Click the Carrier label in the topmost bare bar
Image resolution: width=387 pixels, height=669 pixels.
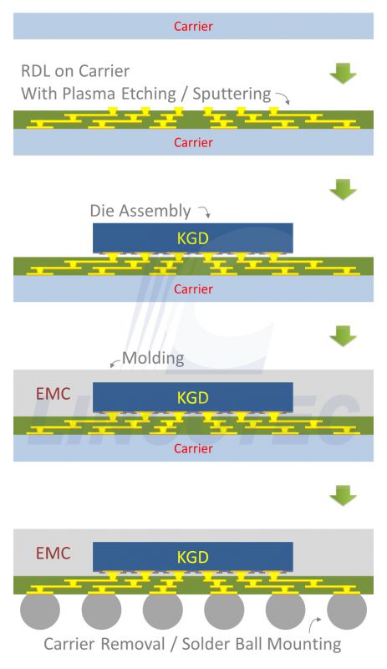[193, 26]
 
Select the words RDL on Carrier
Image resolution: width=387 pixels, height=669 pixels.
[75, 71]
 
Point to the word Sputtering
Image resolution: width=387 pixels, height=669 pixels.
[232, 94]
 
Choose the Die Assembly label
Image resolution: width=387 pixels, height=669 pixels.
[140, 211]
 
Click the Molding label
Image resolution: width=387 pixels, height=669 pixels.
[153, 359]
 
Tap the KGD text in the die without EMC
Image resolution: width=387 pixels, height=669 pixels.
[193, 238]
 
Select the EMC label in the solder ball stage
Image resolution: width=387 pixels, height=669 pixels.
[53, 554]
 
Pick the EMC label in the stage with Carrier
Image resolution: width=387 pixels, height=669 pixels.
[53, 394]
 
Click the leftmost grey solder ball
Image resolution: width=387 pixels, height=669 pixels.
[40, 610]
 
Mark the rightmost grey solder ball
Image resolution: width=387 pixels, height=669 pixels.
[347, 610]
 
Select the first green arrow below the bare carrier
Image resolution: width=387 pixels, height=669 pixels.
[343, 73]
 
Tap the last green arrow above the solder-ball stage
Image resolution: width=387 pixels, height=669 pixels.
[343, 495]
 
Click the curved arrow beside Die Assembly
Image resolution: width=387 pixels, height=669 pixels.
[206, 210]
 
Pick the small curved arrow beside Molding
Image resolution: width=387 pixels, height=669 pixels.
[115, 362]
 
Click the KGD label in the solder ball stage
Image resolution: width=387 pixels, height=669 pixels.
[193, 557]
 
